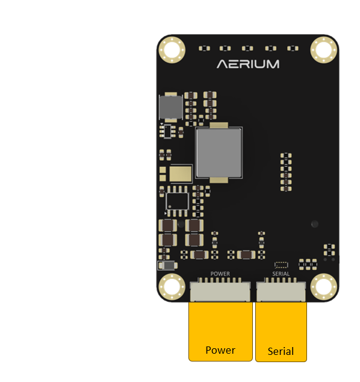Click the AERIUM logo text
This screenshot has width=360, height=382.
tap(248, 64)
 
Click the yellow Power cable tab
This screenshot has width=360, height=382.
tap(220, 331)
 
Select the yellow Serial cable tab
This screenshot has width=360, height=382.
tap(281, 332)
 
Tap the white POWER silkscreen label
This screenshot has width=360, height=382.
tap(220, 274)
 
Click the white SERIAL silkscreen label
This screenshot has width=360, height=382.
tap(281, 274)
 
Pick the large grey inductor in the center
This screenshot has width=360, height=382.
tap(219, 153)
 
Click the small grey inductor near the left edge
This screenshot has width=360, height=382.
tap(170, 107)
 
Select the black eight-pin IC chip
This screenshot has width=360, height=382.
tap(177, 201)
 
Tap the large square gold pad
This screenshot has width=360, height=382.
tap(181, 174)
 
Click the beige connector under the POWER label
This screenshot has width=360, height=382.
tap(220, 290)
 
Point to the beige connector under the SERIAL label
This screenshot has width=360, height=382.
tap(281, 290)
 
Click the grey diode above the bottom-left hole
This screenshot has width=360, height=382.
tap(167, 266)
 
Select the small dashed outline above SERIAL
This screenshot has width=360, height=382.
tap(281, 265)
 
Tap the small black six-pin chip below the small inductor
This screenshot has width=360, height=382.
tap(167, 131)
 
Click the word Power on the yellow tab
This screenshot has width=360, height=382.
tap(220, 350)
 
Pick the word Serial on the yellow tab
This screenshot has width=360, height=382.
tap(281, 351)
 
